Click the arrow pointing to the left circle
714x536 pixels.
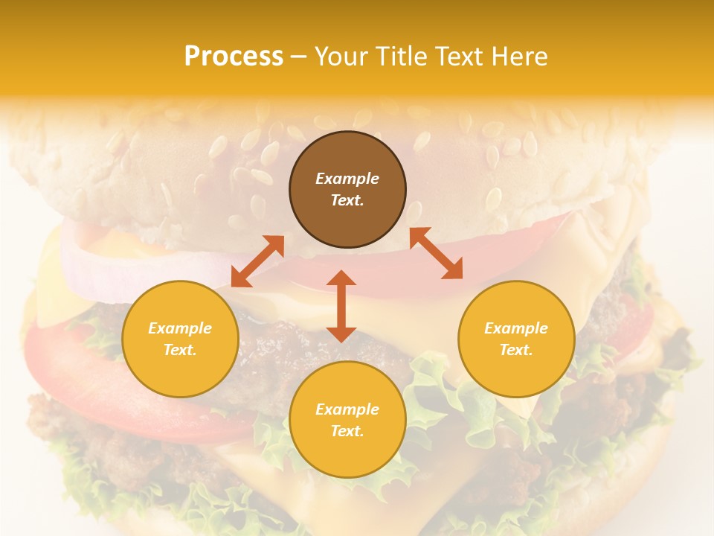pyautogui.click(x=257, y=261)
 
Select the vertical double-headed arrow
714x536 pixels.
pyautogui.click(x=341, y=306)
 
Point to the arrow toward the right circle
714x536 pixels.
pyautogui.click(x=436, y=253)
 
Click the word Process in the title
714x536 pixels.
pyautogui.click(x=234, y=56)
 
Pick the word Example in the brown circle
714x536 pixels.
pyautogui.click(x=347, y=179)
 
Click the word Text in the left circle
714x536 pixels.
pyautogui.click(x=180, y=350)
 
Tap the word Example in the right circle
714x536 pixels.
pyautogui.click(x=516, y=328)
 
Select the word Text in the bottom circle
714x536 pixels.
pyautogui.click(x=347, y=431)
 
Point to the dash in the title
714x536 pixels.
pyautogui.click(x=299, y=57)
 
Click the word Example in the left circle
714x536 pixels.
pyautogui.click(x=180, y=328)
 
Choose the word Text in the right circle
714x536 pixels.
pyautogui.click(x=516, y=350)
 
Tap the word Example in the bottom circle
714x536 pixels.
pyautogui.click(x=347, y=409)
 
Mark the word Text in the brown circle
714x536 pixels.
pyautogui.click(x=347, y=200)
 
